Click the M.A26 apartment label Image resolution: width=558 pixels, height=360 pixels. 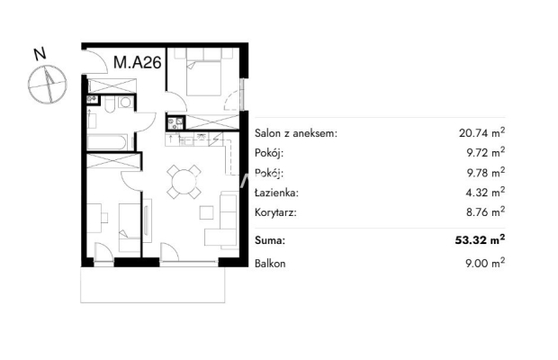[138, 63]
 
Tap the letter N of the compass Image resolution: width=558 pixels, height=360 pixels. [40, 54]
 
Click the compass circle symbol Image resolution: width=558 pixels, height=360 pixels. [48, 85]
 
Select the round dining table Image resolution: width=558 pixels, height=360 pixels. [184, 182]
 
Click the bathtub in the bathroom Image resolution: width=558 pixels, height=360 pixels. [106, 142]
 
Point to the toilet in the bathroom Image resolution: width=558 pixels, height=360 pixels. [110, 103]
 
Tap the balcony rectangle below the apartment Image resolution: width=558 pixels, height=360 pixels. [153, 285]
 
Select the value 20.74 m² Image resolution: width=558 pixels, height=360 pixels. [481, 132]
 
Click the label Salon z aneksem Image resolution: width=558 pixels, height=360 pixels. [296, 134]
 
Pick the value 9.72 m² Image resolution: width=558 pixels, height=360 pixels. [486, 153]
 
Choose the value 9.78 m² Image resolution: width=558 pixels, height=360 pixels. [486, 173]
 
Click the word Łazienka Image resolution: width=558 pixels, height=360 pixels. [276, 193]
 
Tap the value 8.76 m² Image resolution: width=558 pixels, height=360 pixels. [486, 212]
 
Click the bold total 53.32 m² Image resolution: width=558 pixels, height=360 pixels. [480, 239]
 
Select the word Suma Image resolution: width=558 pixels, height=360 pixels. [270, 240]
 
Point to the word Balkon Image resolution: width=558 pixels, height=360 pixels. [270, 264]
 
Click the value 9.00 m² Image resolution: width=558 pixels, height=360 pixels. [485, 263]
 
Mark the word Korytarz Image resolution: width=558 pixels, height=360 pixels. [275, 213]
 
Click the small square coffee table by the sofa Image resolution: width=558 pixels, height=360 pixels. [206, 212]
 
